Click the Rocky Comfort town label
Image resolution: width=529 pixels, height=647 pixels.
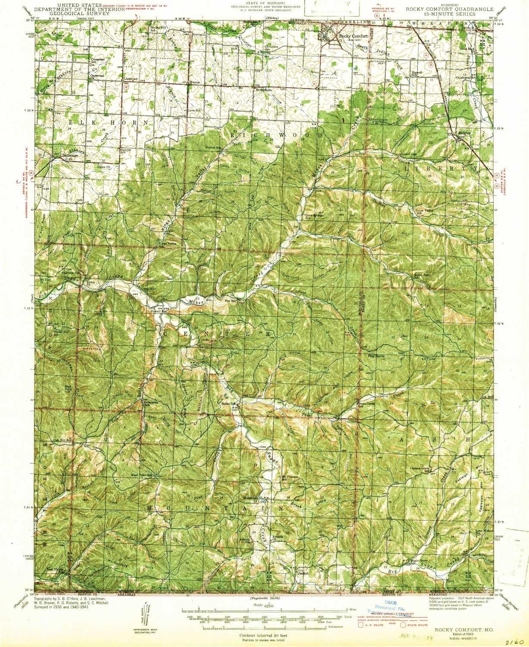(349, 37)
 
